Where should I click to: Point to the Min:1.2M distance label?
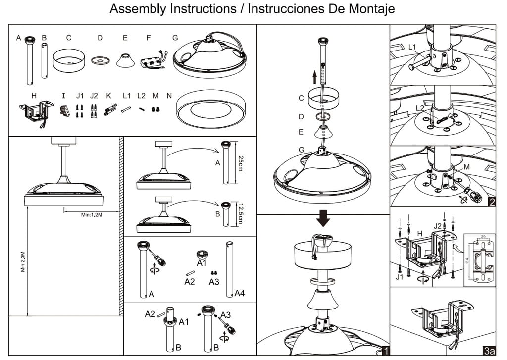click(x=92, y=215)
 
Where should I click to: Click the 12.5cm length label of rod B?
click(x=240, y=213)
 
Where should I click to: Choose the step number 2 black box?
click(x=491, y=202)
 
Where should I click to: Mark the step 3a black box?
click(x=489, y=351)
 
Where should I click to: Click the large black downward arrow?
click(x=323, y=218)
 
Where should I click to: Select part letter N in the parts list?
click(x=169, y=96)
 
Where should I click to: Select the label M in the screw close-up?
click(x=466, y=167)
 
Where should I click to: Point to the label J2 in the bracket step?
click(x=438, y=226)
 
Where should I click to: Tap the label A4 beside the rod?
click(x=240, y=294)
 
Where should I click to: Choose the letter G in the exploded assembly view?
click(x=302, y=150)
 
